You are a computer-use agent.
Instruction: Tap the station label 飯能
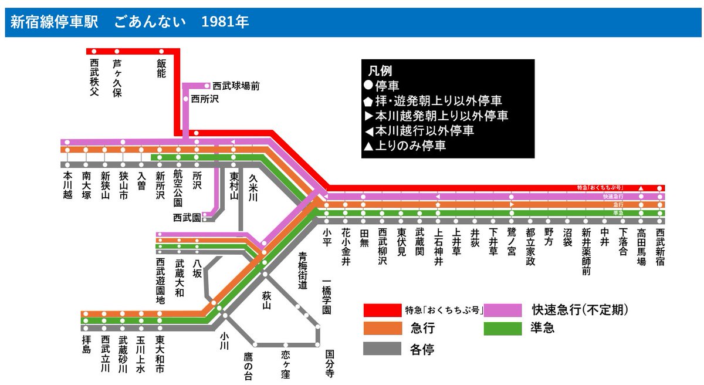point(161,69)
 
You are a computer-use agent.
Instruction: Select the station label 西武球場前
point(236,86)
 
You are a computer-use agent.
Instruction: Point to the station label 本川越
point(67,184)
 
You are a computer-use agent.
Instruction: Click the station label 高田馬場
point(641,247)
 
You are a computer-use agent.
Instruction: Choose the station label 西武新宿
point(660,247)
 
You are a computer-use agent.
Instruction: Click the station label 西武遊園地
point(160,281)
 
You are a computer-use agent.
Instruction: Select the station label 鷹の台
point(248,366)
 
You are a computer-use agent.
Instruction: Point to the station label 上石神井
point(438,247)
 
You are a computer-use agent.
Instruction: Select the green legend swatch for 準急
point(502,328)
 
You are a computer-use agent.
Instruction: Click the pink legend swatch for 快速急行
point(502,310)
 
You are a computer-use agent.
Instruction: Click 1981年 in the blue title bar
point(225,22)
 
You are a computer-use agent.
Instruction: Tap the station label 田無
point(363,238)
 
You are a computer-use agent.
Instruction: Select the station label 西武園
point(187,217)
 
